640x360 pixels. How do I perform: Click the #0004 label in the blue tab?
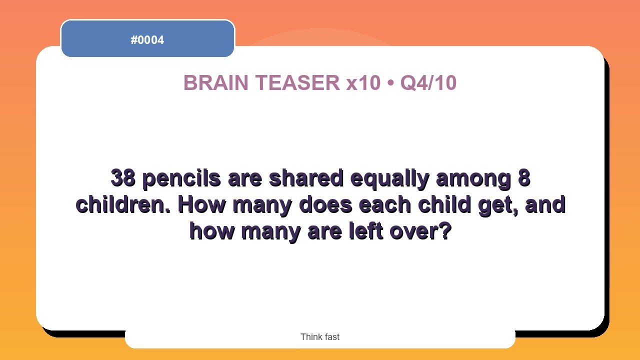[147, 40]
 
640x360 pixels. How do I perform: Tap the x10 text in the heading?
[363, 83]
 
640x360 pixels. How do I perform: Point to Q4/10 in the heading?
[428, 83]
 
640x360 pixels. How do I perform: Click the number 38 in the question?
[122, 178]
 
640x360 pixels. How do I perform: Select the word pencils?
[181, 178]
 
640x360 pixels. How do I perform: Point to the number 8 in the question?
[524, 178]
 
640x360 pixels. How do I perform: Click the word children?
[123, 205]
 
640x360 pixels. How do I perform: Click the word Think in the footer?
[310, 337]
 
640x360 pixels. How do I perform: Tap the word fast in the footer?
[331, 337]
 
